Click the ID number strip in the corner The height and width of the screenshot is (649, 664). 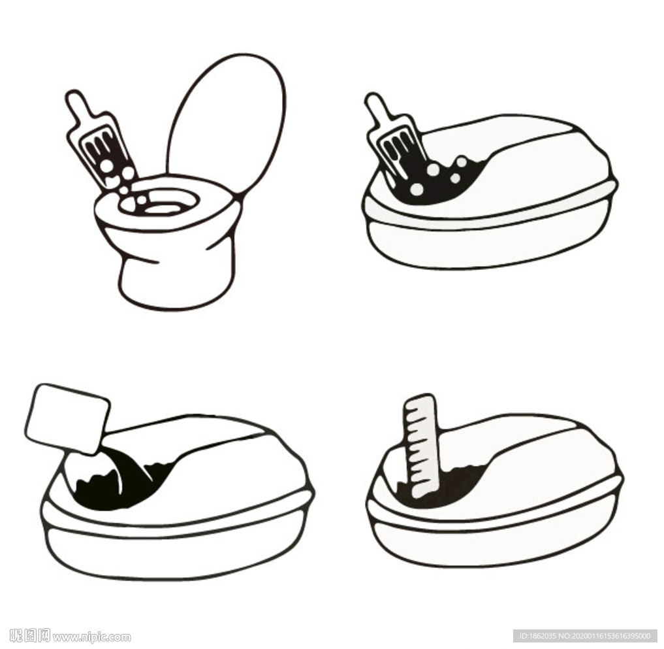coord(585,636)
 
